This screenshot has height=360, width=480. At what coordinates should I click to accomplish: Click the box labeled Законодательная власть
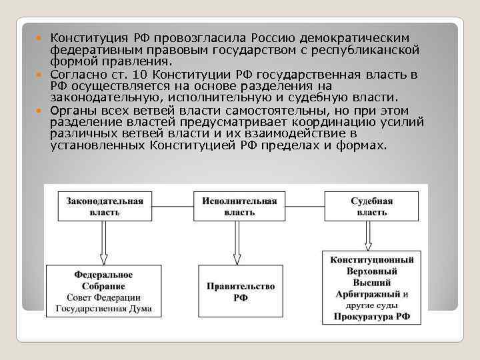[105, 207]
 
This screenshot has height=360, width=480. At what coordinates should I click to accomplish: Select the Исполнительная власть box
[235, 207]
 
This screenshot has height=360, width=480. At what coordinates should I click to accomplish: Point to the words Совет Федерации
[103, 297]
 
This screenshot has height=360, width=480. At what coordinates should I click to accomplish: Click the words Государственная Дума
[103, 309]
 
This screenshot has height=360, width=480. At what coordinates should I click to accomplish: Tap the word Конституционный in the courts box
[371, 259]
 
